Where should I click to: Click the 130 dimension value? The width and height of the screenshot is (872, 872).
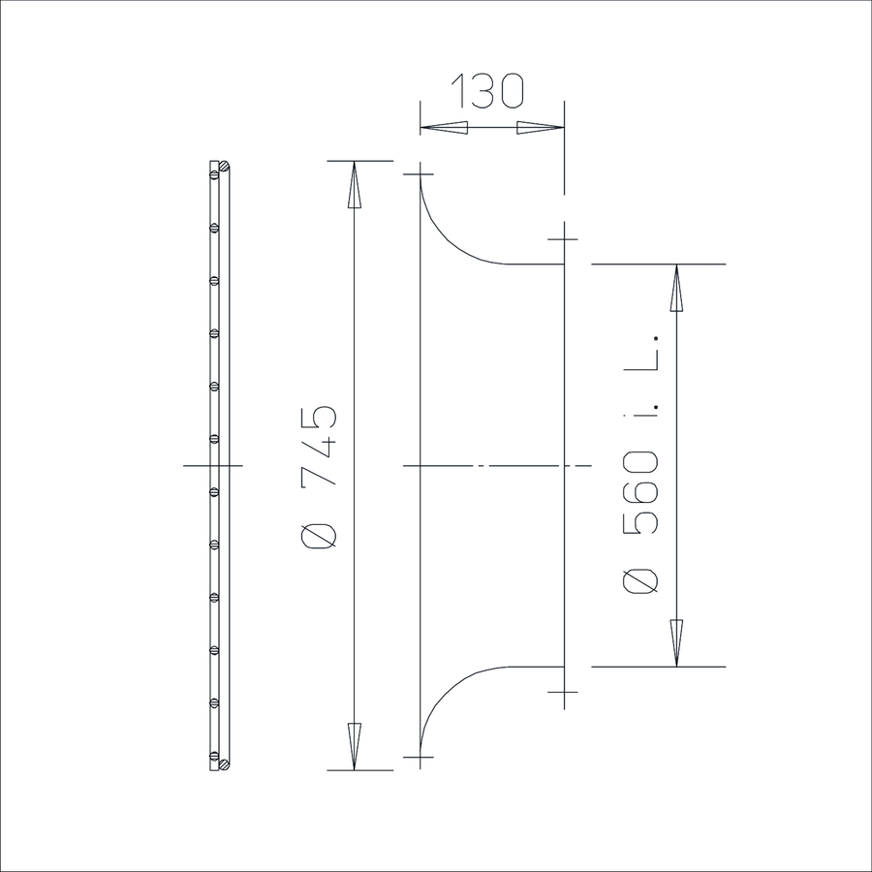[487, 90]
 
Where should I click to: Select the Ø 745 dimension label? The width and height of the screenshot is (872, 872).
[319, 477]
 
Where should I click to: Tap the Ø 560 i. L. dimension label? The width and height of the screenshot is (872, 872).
[641, 464]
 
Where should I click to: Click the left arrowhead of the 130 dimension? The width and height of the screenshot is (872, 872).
[443, 128]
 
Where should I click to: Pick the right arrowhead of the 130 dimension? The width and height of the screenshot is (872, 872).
[541, 128]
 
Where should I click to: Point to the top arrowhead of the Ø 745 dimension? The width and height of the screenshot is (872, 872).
[355, 185]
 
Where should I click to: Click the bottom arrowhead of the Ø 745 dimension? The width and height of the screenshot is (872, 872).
[355, 747]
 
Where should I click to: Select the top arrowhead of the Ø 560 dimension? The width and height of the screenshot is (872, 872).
[676, 288]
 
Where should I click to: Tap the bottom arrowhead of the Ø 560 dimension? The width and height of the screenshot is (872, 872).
[676, 643]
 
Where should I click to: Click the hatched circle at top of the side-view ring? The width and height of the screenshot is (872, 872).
[225, 166]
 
